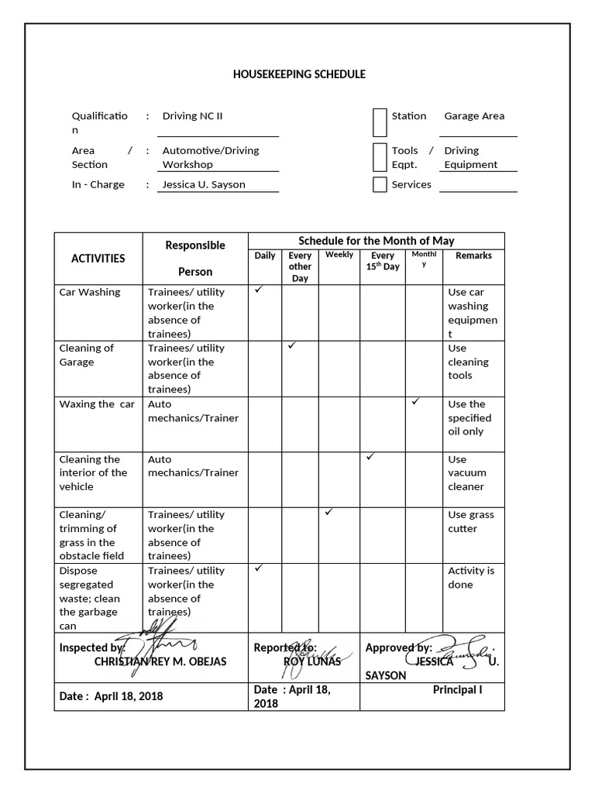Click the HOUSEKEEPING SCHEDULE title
click(x=299, y=74)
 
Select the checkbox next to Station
click(x=380, y=122)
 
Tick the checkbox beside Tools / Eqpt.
click(x=380, y=157)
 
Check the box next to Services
click(x=380, y=184)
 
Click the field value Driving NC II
click(x=192, y=116)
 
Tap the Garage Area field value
click(x=474, y=116)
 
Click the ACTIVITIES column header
click(x=98, y=259)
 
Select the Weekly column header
click(x=339, y=255)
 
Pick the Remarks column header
click(x=473, y=256)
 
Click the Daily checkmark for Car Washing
click(x=260, y=290)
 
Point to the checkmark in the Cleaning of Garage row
click(x=292, y=345)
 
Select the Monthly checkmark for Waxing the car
click(x=416, y=401)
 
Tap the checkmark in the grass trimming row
click(x=329, y=512)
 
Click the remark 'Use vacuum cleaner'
click(x=467, y=472)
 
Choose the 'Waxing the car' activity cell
click(x=97, y=404)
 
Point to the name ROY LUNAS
click(x=312, y=662)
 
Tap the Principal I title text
click(x=457, y=689)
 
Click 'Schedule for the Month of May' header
click(x=377, y=241)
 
